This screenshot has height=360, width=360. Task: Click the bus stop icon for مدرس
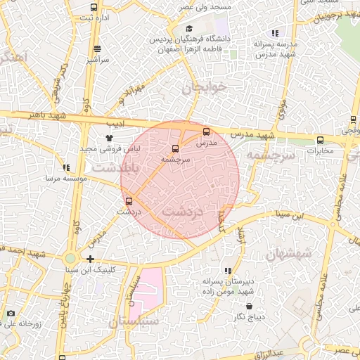pyautogui.click(x=206, y=131)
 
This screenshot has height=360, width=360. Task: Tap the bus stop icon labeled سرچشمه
pyautogui.click(x=174, y=148)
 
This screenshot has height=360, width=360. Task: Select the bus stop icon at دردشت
pyautogui.click(x=127, y=200)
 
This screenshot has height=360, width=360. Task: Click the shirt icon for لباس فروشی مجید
pyautogui.click(x=108, y=139)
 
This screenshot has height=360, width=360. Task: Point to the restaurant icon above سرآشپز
pyautogui.click(x=96, y=49)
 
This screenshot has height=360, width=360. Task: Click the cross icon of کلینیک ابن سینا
pyautogui.click(x=89, y=259)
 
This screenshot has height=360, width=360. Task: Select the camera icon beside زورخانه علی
pyautogui.click(x=11, y=313)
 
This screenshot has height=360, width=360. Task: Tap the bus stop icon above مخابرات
pyautogui.click(x=320, y=139)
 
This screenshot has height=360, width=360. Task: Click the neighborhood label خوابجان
pyautogui.click(x=205, y=88)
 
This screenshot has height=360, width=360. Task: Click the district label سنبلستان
pyautogui.click(x=133, y=321)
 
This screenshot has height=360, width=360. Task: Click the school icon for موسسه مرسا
pyautogui.click(x=66, y=167)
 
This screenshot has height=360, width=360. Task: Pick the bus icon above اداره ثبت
pyautogui.click(x=94, y=8)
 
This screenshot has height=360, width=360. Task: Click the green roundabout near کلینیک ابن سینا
pyautogui.click(x=71, y=258)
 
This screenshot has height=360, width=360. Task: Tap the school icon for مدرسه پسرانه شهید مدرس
pyautogui.click(x=275, y=32)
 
